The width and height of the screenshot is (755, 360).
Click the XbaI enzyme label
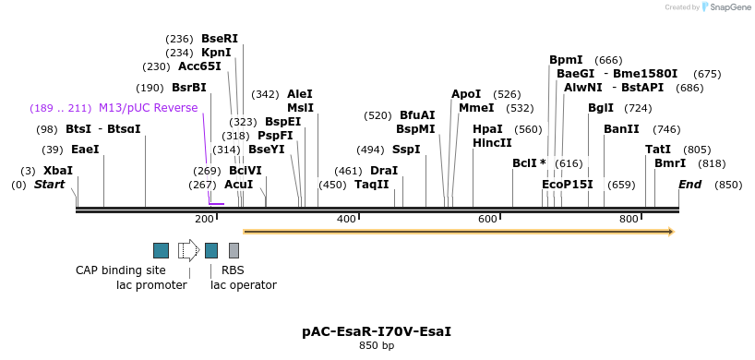pos(57,171)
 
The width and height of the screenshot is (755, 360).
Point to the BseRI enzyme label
pos(220,39)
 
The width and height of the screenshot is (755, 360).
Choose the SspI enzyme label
pos(406,150)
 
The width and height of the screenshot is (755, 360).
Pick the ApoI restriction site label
pos(466,94)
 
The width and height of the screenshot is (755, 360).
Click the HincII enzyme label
pos(491,143)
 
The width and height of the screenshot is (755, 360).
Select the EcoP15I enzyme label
pos(568,185)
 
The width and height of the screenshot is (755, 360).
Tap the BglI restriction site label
pos(601,108)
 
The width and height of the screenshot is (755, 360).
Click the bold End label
pos(689,185)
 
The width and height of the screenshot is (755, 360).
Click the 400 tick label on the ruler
pos(346,219)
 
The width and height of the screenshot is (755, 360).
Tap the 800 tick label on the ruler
pos(629,219)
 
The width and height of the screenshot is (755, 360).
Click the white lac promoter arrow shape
pos(188,250)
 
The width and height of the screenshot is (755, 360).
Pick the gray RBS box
pos(234,250)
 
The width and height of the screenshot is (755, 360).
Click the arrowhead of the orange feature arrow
pos(670,231)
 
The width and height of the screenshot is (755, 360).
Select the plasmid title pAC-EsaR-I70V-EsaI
pos(377,331)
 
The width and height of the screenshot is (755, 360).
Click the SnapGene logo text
pos(729,7)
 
